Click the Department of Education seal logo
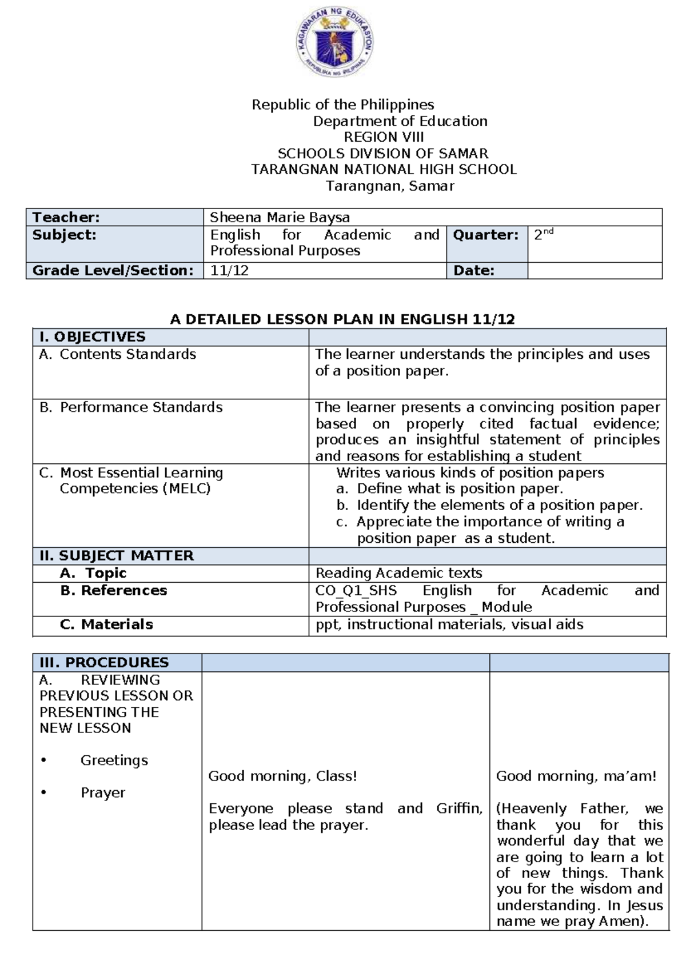point(335,44)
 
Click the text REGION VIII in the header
point(384,137)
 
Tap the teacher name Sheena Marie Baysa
point(280,217)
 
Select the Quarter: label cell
point(486,235)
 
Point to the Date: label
point(473,271)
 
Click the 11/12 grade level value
point(229,271)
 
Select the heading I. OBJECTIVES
point(92,337)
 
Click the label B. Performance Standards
point(131,407)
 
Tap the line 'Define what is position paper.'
point(460,488)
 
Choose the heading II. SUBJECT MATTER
point(117,556)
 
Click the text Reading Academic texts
point(398,573)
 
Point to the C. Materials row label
point(106,624)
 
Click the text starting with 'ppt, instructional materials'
point(449,624)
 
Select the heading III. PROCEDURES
point(104,663)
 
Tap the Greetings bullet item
point(114,760)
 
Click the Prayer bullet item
point(103,793)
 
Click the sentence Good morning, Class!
point(282,776)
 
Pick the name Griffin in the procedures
point(458,808)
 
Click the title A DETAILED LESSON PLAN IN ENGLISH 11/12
point(342,319)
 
